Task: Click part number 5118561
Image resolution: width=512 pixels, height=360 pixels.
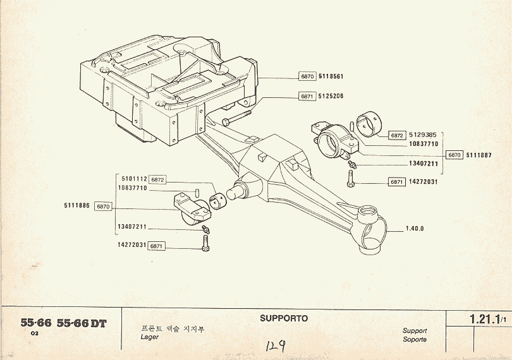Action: [x=331, y=76]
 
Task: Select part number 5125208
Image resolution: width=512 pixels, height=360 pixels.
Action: [x=331, y=97]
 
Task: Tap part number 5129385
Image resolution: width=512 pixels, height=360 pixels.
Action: [x=422, y=135]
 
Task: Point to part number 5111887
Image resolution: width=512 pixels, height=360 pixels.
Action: [x=478, y=155]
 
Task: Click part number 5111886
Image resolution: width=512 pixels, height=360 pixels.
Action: [x=76, y=206]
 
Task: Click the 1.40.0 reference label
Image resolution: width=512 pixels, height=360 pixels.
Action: [x=414, y=229]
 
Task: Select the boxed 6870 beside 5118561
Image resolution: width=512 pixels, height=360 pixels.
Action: [x=307, y=76]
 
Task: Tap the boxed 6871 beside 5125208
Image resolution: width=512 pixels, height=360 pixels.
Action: [x=307, y=97]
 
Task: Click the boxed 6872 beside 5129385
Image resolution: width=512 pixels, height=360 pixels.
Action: [x=397, y=136]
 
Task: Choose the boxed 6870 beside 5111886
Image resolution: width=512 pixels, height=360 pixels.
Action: [x=104, y=207]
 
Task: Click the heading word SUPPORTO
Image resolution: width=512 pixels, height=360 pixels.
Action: [x=284, y=318]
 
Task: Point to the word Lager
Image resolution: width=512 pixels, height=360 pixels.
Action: [x=149, y=337]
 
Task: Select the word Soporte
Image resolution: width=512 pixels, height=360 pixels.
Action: [x=414, y=339]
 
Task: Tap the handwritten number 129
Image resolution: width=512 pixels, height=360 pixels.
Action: [x=274, y=346]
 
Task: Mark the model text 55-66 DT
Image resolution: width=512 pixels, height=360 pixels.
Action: [x=82, y=323]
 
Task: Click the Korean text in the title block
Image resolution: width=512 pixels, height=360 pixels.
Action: [x=173, y=328]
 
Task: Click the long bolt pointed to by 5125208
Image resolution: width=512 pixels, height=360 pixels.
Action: [x=236, y=117]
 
